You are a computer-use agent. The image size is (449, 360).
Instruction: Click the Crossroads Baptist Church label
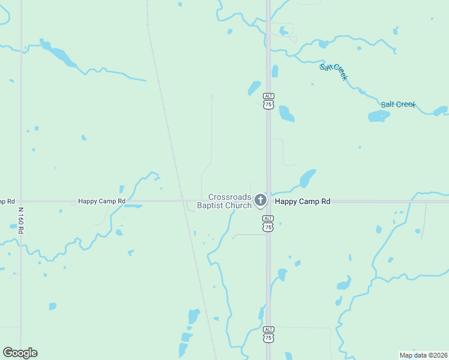230,201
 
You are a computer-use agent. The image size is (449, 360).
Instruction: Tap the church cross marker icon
260,200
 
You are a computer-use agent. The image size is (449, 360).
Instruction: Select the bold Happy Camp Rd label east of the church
303,202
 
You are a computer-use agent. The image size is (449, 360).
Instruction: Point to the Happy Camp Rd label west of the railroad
101,201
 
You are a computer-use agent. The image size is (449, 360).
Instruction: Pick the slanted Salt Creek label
334,71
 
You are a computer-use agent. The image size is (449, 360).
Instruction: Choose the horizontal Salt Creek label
398,104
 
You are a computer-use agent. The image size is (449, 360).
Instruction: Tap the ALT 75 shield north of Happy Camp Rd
268,101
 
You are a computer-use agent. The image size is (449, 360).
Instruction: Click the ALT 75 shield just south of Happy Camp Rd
268,224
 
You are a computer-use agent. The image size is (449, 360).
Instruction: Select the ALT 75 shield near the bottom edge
268,334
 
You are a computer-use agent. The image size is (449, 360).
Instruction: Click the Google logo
20,353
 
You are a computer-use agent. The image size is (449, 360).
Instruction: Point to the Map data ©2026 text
423,355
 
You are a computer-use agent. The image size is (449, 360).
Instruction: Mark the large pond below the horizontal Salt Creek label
378,116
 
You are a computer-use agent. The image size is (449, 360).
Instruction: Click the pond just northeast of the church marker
308,178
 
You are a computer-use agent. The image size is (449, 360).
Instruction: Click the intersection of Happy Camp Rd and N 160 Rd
21,201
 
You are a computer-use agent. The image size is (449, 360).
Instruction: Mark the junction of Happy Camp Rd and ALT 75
268,201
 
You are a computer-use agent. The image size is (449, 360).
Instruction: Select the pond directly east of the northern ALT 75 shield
286,113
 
